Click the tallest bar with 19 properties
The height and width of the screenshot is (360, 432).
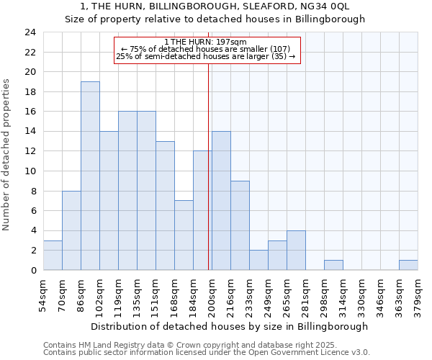pyautogui.click(x=90, y=176)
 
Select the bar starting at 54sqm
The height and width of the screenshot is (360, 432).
pyautogui.click(x=53, y=256)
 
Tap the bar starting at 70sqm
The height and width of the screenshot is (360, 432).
pyautogui.click(x=71, y=230)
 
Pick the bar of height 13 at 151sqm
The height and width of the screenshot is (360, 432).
pyautogui.click(x=165, y=206)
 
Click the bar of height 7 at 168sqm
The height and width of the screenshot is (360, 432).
pyautogui.click(x=184, y=235)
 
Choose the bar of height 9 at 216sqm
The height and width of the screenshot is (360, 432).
pyautogui.click(x=240, y=225)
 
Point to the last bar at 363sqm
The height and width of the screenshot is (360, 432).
pyautogui.click(x=408, y=265)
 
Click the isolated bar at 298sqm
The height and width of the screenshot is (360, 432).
pyautogui.click(x=333, y=265)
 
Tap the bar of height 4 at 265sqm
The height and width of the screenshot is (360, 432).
pyautogui.click(x=296, y=251)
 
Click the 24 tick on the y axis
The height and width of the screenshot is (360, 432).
pyautogui.click(x=30, y=32)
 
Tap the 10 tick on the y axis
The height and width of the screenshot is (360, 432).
pyautogui.click(x=30, y=171)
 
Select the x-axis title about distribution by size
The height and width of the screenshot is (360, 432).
pyautogui.click(x=230, y=326)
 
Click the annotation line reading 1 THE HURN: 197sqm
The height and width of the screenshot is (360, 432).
pyautogui.click(x=206, y=42)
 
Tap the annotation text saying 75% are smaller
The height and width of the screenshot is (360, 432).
pyautogui.click(x=206, y=49)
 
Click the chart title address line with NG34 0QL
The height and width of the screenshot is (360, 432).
pyautogui.click(x=215, y=6)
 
